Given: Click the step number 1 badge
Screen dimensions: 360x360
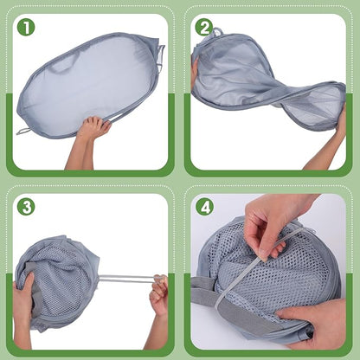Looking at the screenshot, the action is pyautogui.click(x=26, y=27).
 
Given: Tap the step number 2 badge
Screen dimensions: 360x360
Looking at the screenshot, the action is pyautogui.click(x=204, y=27).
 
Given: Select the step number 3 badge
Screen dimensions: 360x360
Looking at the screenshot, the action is pyautogui.click(x=26, y=207).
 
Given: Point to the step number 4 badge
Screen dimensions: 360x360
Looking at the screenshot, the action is pyautogui.click(x=204, y=207).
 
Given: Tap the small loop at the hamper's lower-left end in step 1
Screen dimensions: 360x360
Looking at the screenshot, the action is pyautogui.click(x=23, y=132).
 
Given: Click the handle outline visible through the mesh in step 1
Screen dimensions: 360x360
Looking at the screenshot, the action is pyautogui.click(x=62, y=67).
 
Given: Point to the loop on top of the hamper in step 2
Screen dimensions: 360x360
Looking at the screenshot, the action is pyautogui.click(x=218, y=31).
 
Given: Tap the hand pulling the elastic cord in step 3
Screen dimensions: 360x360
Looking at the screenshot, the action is pyautogui.click(x=159, y=292).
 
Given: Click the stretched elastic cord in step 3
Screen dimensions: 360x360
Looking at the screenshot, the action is pyautogui.click(x=127, y=279).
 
